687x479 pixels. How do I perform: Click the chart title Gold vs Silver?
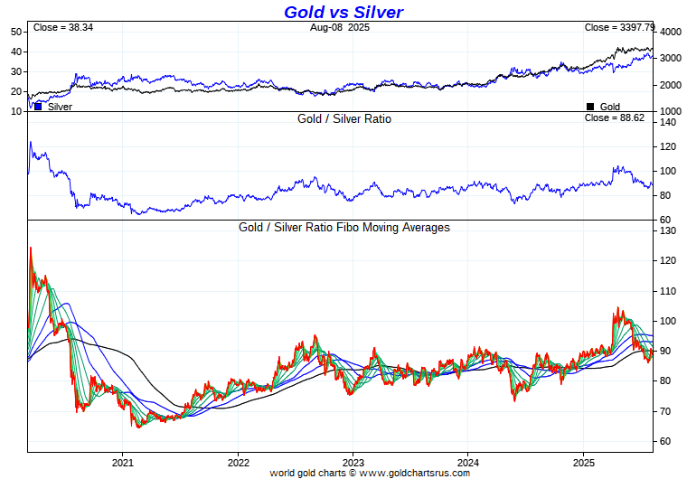(x=343, y=12)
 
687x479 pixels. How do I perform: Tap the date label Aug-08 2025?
(x=340, y=28)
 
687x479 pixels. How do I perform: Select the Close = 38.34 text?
(x=62, y=28)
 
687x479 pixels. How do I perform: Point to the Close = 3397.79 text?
(x=619, y=28)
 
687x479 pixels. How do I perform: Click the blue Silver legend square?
(x=38, y=106)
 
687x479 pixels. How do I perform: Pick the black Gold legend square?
(x=590, y=106)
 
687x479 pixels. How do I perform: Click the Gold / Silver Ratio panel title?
(x=343, y=118)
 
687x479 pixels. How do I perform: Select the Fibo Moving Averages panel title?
(x=343, y=228)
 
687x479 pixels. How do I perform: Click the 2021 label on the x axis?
(x=123, y=462)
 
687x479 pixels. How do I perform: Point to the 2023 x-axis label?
(x=353, y=462)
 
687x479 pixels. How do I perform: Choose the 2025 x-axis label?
(x=583, y=462)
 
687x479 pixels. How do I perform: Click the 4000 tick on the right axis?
(x=669, y=33)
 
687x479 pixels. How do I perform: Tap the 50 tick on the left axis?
(x=16, y=32)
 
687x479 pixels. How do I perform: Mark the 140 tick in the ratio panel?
(x=668, y=122)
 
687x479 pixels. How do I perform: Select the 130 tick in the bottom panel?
(x=668, y=231)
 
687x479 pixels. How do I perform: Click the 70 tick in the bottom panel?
(x=665, y=411)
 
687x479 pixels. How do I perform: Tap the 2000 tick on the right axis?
(x=669, y=86)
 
